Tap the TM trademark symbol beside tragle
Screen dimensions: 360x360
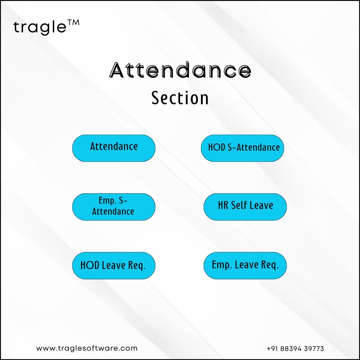pos(73,23)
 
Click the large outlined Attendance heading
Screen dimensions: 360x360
pos(180,70)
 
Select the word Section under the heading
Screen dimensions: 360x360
pos(180,98)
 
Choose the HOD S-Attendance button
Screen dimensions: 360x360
pos(242,148)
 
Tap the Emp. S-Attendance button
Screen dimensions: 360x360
pos(114,207)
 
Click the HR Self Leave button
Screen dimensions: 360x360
pos(245,207)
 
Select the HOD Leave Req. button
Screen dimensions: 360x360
pos(114,266)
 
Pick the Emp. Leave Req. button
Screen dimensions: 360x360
pos(245,266)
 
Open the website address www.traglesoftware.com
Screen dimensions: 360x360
pos(87,349)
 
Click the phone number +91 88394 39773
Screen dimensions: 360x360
pos(295,349)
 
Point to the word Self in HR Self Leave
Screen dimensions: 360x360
pos(239,205)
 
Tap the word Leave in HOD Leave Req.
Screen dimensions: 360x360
pos(114,265)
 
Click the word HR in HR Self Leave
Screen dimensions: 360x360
pos(223,205)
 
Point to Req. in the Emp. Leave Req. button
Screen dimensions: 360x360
pos(270,265)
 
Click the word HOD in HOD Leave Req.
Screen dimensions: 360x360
pos(90,265)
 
